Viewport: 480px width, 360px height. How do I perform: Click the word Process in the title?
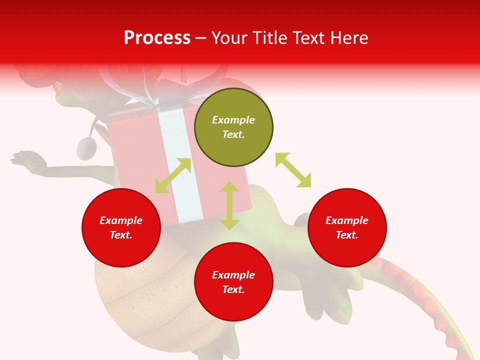pyautogui.click(x=157, y=38)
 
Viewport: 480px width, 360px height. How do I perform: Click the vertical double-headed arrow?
pyautogui.click(x=229, y=205)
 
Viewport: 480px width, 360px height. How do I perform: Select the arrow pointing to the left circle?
pyautogui.click(x=173, y=175)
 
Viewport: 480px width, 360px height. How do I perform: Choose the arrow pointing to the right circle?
pyautogui.click(x=293, y=170)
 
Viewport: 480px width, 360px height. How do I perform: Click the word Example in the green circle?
pyautogui.click(x=233, y=120)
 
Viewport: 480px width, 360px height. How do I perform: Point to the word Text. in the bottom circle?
pyautogui.click(x=233, y=289)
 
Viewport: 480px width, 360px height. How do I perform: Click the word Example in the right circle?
pyautogui.click(x=347, y=220)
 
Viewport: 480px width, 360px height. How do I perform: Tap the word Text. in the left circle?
pyautogui.click(x=121, y=235)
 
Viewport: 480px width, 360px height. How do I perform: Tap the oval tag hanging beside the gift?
pyautogui.click(x=86, y=148)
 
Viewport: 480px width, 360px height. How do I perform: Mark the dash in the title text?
pyautogui.click(x=201, y=38)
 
